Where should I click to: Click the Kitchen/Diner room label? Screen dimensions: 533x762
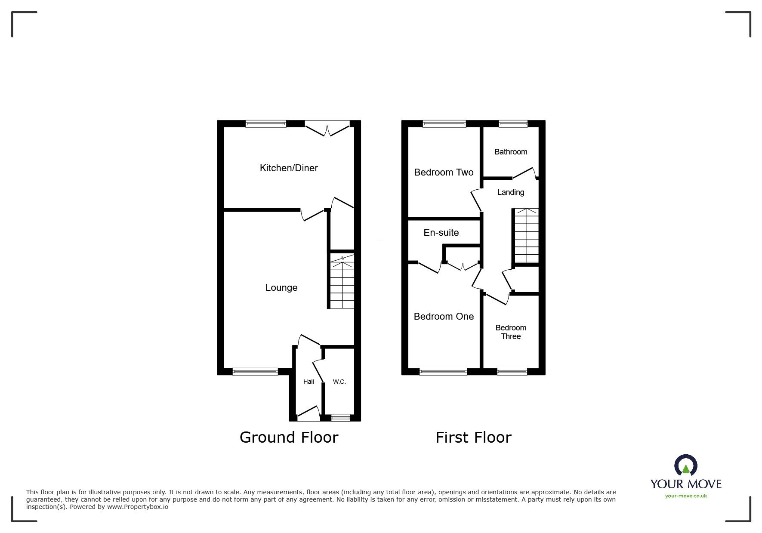click(289, 168)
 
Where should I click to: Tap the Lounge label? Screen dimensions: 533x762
click(281, 287)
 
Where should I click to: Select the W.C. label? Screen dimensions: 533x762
click(339, 382)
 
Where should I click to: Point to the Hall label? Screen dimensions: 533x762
click(309, 382)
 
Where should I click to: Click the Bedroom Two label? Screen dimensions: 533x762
click(444, 173)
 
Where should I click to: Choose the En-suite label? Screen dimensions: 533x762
click(441, 233)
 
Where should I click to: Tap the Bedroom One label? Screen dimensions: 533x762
click(444, 317)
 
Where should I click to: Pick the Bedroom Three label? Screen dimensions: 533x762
click(511, 332)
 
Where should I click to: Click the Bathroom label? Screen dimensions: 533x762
click(511, 152)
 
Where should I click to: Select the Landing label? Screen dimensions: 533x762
click(511, 192)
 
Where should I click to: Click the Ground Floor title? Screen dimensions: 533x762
click(289, 437)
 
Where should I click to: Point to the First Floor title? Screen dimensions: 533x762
click(473, 437)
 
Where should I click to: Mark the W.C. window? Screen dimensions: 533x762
click(341, 417)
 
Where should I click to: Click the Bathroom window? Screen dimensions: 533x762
click(513, 124)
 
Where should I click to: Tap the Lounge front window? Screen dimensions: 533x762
click(255, 371)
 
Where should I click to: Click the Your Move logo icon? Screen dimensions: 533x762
click(685, 465)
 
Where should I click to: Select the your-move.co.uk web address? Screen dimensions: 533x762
click(686, 496)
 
